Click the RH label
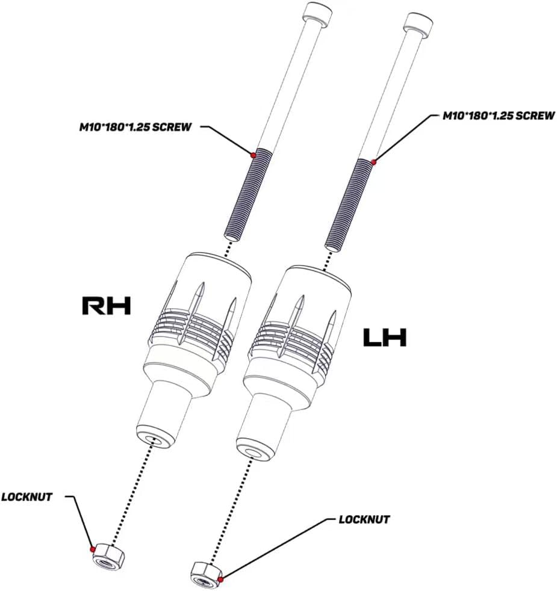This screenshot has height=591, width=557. coord(107,306)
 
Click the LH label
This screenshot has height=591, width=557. coord(385,338)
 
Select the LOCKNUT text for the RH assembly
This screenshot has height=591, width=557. coord(26,497)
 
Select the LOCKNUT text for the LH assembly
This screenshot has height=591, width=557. coord(364,519)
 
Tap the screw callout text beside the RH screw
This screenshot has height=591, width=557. coord(135,127)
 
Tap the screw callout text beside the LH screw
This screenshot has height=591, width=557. coord(499,116)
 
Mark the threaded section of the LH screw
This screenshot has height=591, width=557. coord(348,205)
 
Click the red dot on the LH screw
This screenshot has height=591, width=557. coord(374,162)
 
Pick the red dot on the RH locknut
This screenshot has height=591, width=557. coord(92,549)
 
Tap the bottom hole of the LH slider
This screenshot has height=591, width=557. coord(253,451)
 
